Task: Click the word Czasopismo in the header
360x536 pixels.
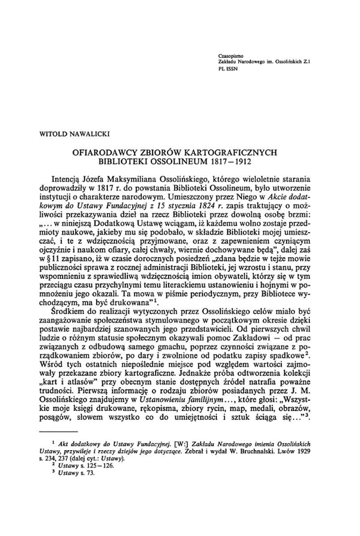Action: [x=231, y=55]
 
